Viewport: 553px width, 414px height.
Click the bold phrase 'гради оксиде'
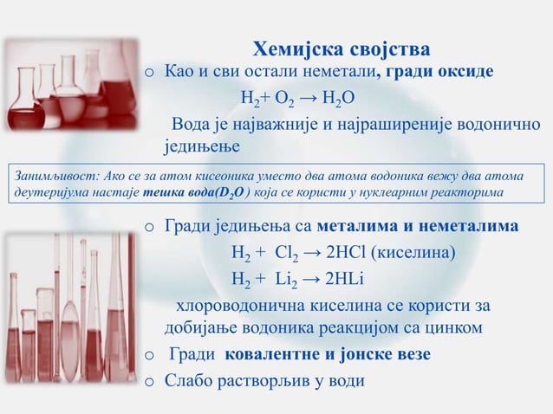tap(442, 70)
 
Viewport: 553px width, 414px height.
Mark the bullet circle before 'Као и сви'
tap(150, 72)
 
